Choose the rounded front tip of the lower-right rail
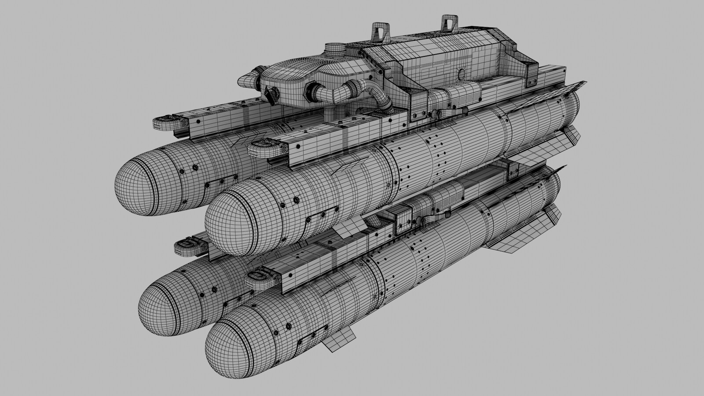pos(257,280)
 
